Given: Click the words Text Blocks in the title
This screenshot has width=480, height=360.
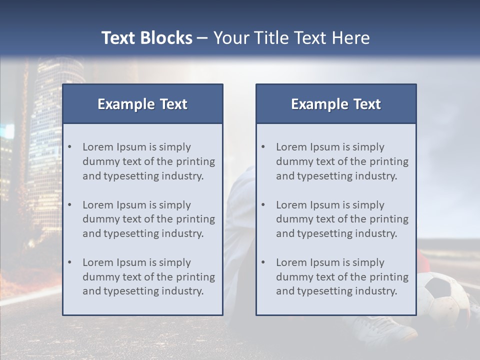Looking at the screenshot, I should click(x=146, y=38).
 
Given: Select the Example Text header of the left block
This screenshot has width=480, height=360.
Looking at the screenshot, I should click(x=142, y=104).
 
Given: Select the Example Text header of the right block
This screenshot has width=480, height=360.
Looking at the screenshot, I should click(x=336, y=104).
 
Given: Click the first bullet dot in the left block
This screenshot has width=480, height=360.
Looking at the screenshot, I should click(x=70, y=147).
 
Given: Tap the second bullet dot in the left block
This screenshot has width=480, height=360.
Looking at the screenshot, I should click(x=70, y=205).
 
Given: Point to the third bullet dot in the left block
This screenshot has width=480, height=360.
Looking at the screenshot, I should click(x=70, y=262).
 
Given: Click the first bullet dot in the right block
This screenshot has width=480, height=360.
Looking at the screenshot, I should click(x=263, y=147).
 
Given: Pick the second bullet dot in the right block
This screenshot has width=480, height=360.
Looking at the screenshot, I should click(x=263, y=205).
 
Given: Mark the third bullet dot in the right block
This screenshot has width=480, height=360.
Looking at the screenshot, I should click(x=263, y=262).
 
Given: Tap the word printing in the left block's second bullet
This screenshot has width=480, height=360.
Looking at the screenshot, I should click(x=197, y=219).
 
